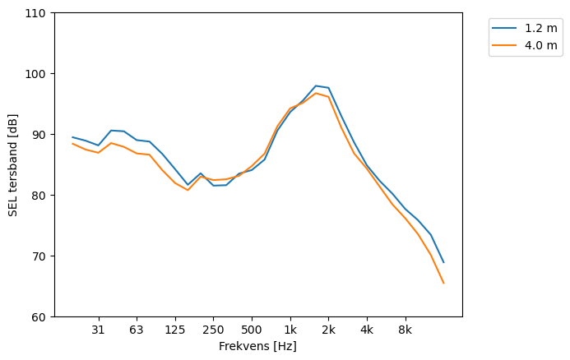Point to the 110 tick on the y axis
pyautogui.click(x=36, y=13)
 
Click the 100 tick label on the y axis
pyautogui.click(x=36, y=74)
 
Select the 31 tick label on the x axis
pyautogui.click(x=98, y=330)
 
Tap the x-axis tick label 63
pyautogui.click(x=137, y=330)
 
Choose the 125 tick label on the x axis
pyautogui.click(x=174, y=330)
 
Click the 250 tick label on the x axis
pyautogui.click(x=213, y=330)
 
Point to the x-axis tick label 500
pyautogui.click(x=252, y=330)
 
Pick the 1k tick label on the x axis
pyautogui.click(x=290, y=330)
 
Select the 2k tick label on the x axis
pyautogui.click(x=328, y=330)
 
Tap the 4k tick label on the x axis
pyautogui.click(x=367, y=330)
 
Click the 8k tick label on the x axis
pyautogui.click(x=405, y=330)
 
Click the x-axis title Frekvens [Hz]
pyautogui.click(x=257, y=347)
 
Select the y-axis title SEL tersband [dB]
pyautogui.click(x=12, y=165)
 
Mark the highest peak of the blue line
pyautogui.click(x=316, y=85)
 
